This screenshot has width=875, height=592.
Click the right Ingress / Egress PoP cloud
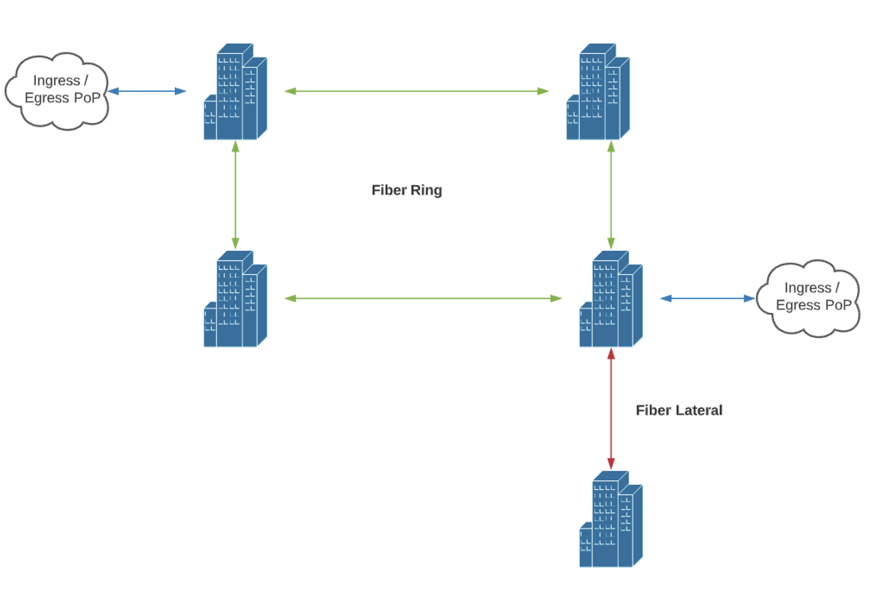click(x=808, y=298)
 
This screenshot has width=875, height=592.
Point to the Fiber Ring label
click(x=406, y=190)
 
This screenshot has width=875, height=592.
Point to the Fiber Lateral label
click(x=679, y=410)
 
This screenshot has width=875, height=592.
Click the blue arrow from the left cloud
click(x=147, y=90)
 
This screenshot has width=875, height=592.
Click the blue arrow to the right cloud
click(x=707, y=298)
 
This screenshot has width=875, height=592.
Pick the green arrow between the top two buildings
click(x=417, y=90)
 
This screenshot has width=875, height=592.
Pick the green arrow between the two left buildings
click(x=236, y=195)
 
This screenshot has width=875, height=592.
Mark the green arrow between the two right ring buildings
click(x=611, y=195)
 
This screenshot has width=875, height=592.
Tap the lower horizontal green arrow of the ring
click(x=423, y=298)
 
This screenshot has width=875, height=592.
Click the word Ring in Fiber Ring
click(x=426, y=190)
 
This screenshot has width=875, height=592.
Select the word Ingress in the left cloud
click(x=56, y=81)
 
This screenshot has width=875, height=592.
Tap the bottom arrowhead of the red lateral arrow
click(x=611, y=464)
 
